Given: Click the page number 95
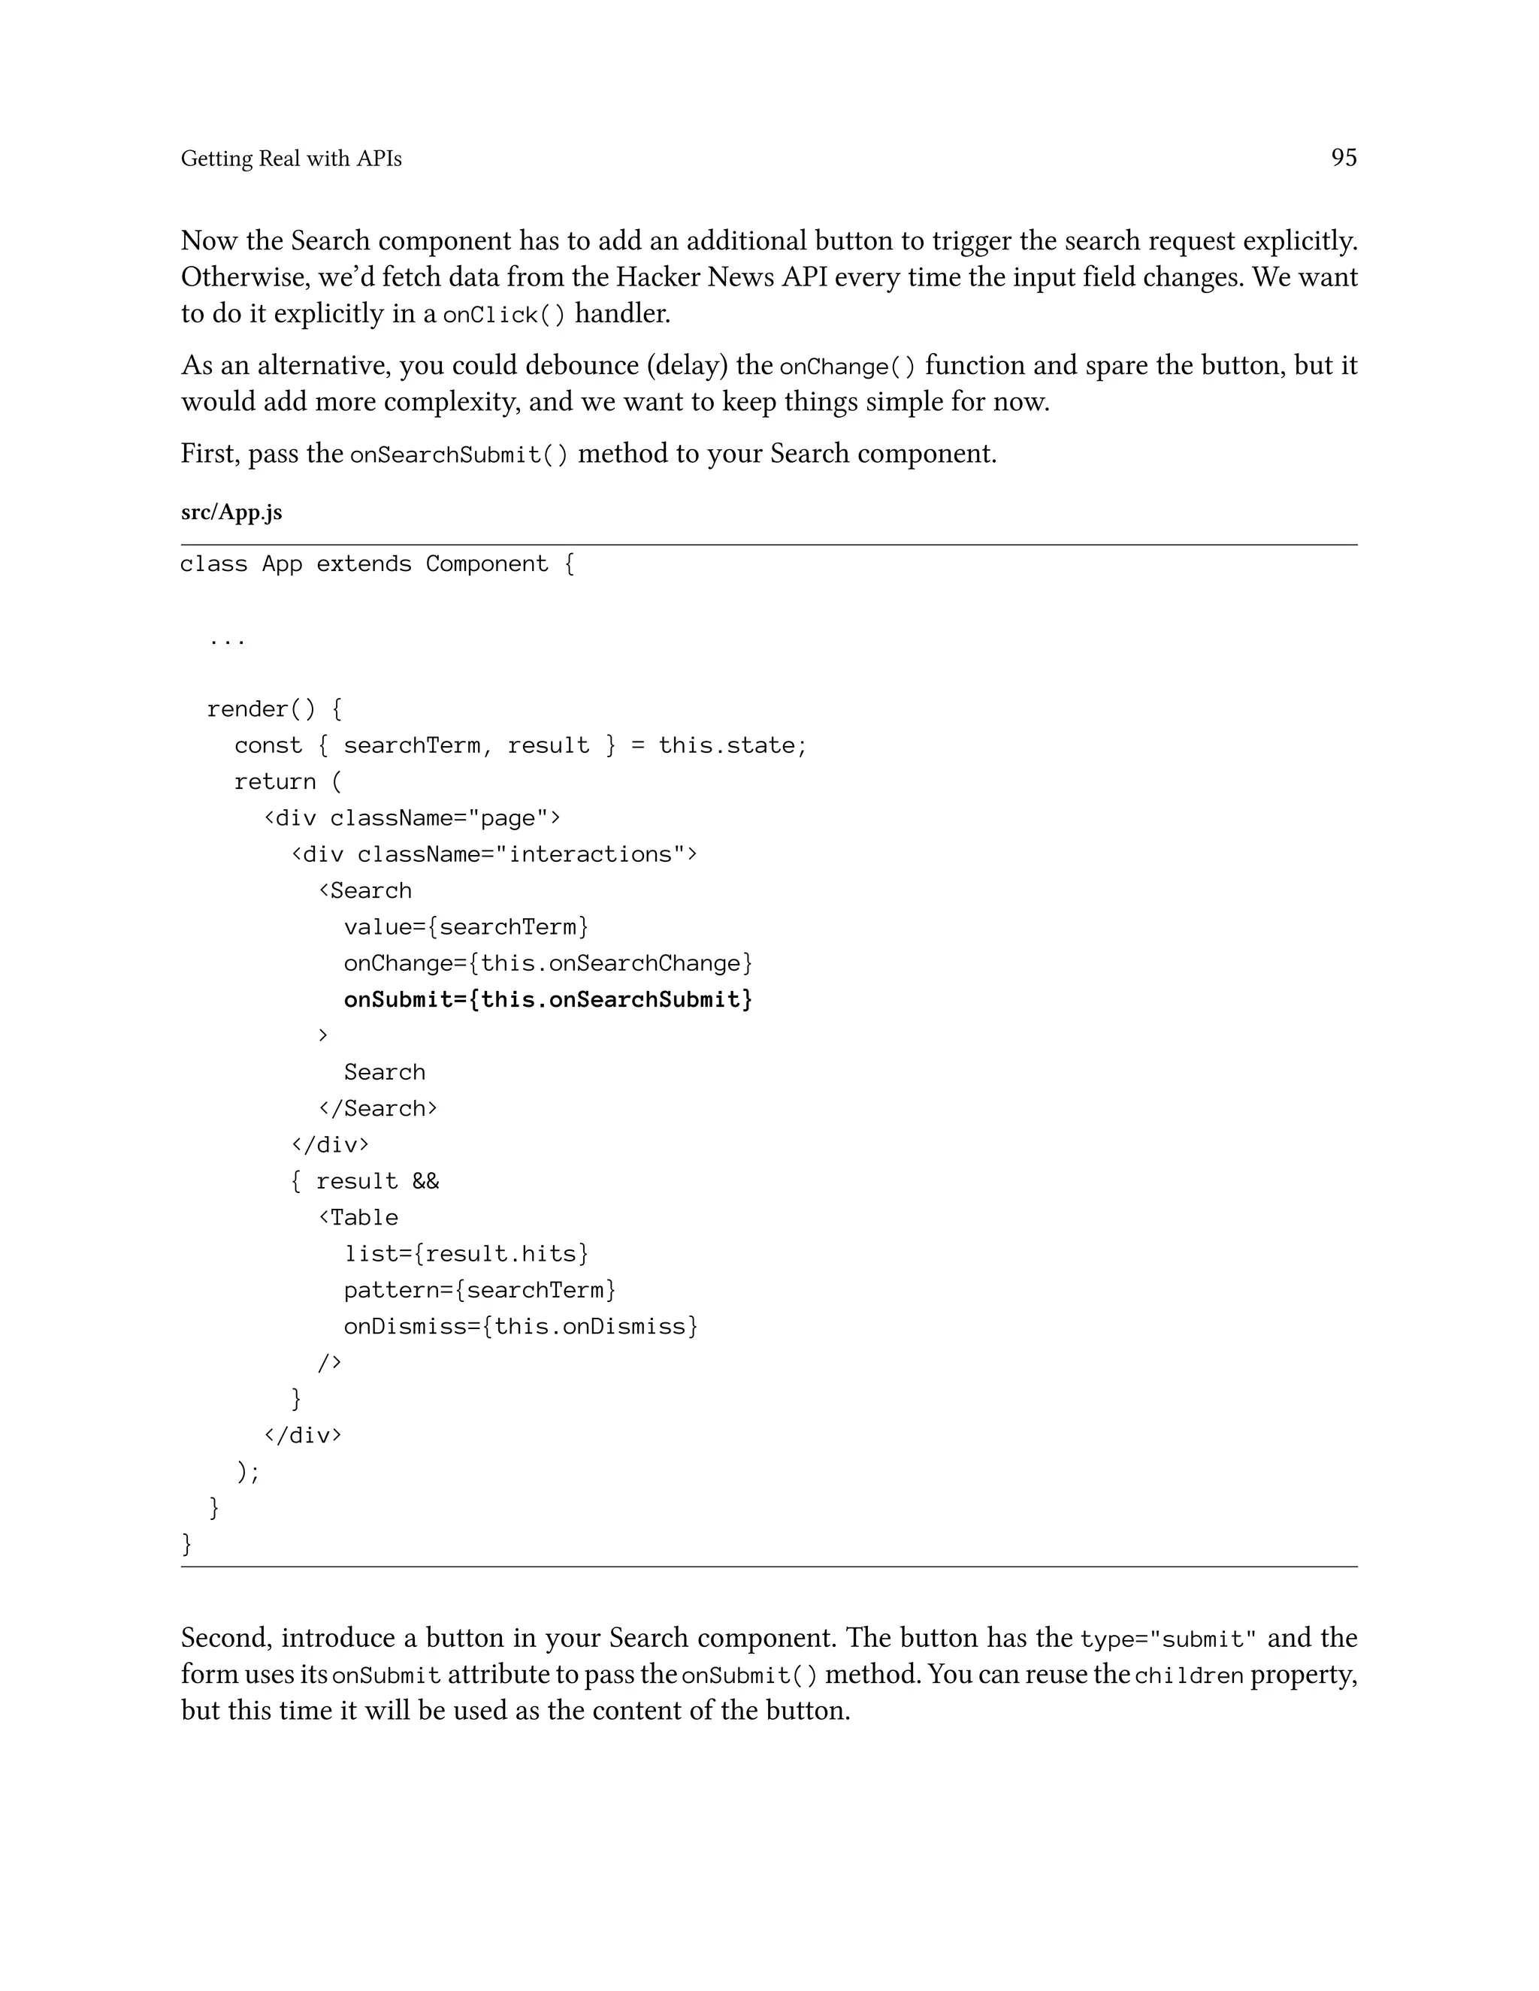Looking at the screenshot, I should [1343, 158].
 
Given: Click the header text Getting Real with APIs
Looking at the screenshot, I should [291, 159].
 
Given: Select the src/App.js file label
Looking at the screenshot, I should [231, 512].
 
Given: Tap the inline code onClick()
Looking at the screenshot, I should [503, 316].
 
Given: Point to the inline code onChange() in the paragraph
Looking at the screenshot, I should [847, 367].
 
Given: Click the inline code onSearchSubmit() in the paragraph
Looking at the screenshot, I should [458, 455].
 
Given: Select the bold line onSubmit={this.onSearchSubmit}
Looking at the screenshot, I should [548, 1000].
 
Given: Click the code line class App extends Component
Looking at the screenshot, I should [376, 564].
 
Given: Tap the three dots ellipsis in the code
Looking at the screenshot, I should [226, 641].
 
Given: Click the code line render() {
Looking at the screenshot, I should [274, 709].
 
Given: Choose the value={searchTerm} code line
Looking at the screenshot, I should [466, 927].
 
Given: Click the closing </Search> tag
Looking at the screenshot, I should [377, 1108].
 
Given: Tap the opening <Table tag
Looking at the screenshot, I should [358, 1218].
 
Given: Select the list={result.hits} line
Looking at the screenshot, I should [466, 1255].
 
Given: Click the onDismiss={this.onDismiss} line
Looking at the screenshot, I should [520, 1326].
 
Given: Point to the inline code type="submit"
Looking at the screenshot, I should [1168, 1640].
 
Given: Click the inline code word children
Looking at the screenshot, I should [1188, 1676].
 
